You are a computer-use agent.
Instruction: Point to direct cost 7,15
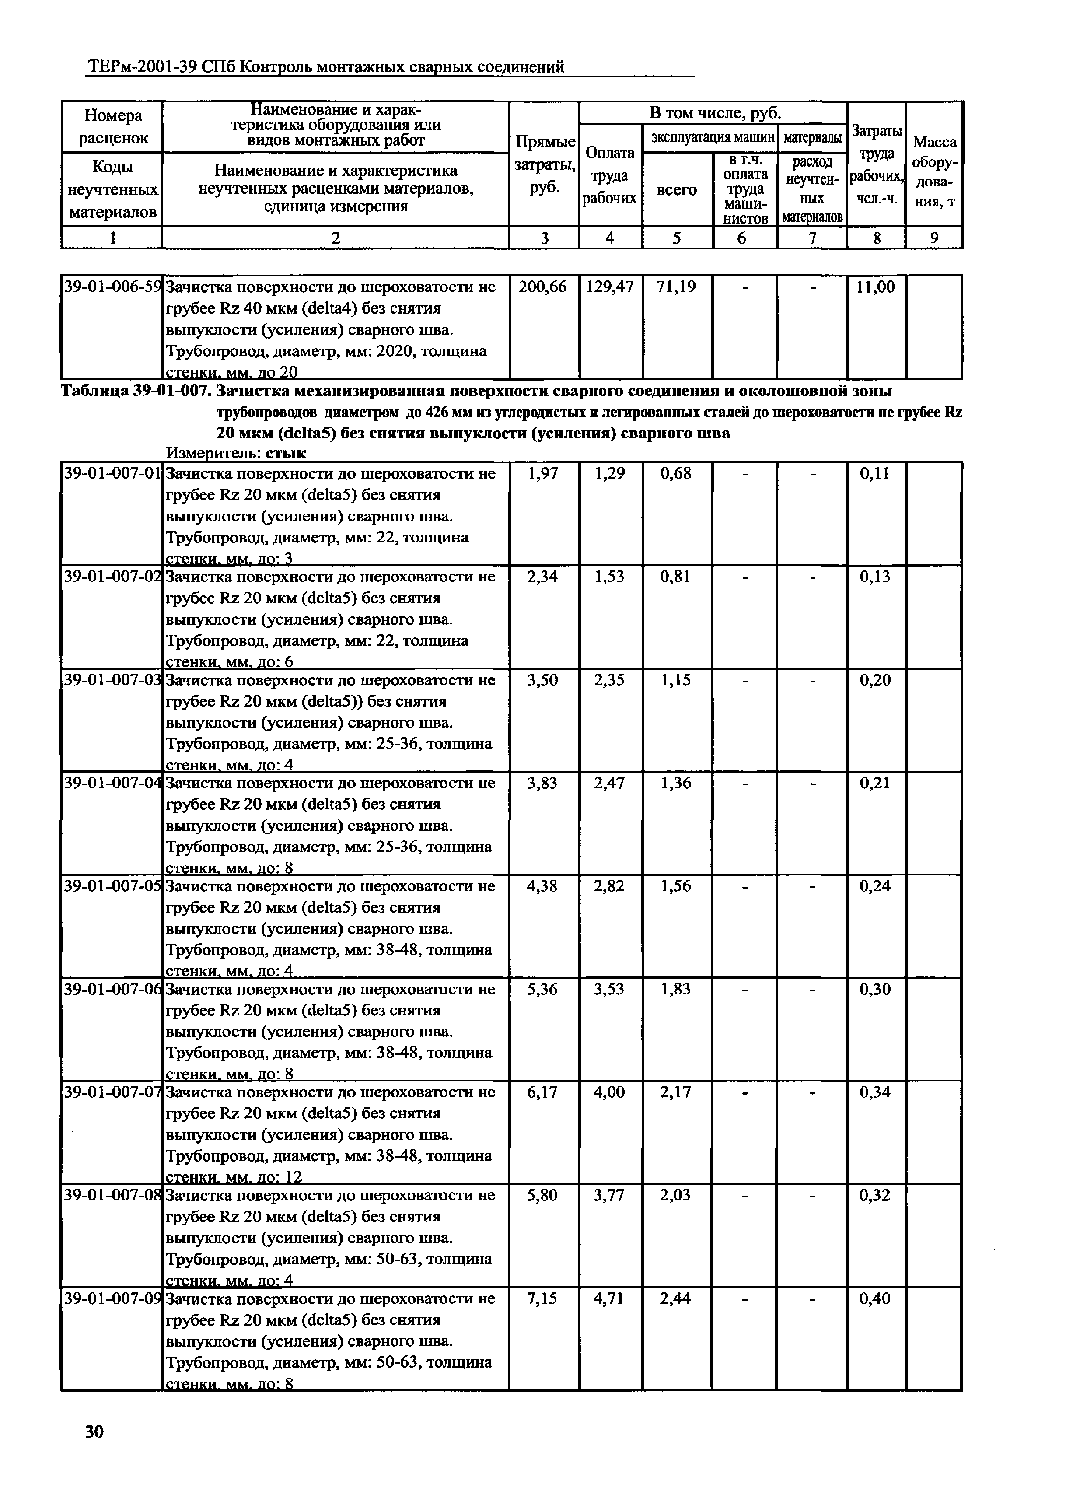542,1298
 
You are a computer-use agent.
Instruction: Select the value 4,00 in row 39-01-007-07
610,1092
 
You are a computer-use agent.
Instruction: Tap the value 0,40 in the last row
876,1298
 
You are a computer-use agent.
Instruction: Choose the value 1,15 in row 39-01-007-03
676,680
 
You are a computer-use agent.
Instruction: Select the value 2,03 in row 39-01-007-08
676,1195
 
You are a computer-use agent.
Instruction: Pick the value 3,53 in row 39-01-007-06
610,989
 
